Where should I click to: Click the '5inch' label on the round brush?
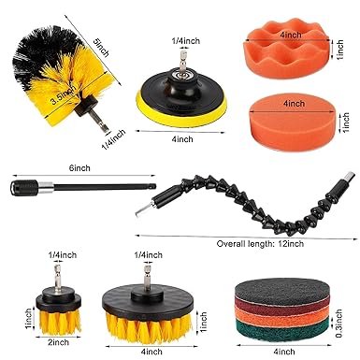(x=102, y=48)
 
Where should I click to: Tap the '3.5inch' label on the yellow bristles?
(x=64, y=95)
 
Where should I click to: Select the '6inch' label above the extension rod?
(x=79, y=168)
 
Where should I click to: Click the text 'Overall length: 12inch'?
(x=260, y=243)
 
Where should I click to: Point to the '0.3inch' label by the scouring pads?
(x=338, y=323)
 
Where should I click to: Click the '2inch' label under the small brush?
(x=58, y=342)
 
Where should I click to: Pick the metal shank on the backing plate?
(x=181, y=62)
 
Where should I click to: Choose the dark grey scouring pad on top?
(x=281, y=291)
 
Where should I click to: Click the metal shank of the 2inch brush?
(x=57, y=276)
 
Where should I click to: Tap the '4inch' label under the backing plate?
(x=182, y=138)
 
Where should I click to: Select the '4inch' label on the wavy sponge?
(x=291, y=35)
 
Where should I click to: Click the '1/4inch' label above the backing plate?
(x=186, y=41)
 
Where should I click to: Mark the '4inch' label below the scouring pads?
(x=284, y=352)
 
